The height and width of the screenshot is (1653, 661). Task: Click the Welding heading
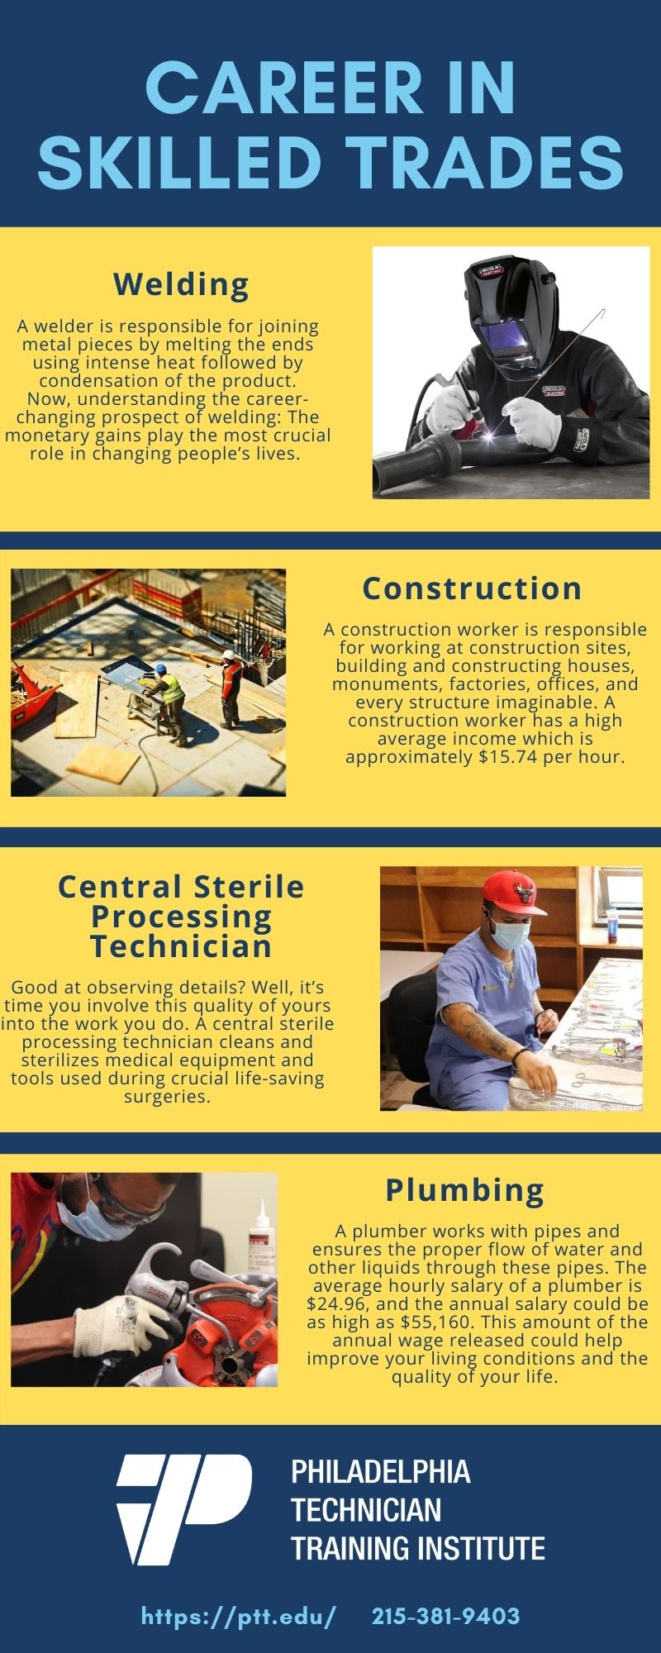181,284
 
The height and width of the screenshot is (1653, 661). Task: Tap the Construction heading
473,588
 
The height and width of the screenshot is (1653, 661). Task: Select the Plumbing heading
465,1190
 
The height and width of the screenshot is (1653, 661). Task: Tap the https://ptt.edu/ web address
239,1617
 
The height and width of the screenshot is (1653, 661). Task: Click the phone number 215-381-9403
446,1616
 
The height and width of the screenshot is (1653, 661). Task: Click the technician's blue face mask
509,934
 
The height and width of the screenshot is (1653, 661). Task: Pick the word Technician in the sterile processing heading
181,946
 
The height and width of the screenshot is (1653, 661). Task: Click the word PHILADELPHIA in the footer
381,1472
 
